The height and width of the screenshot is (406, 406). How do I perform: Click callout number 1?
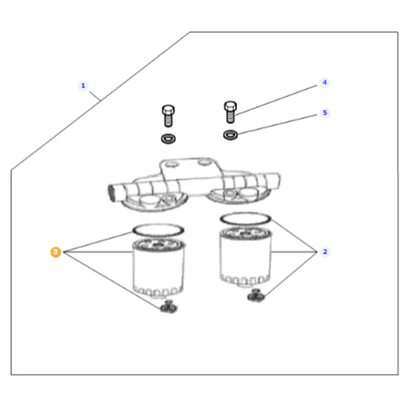tap(83, 86)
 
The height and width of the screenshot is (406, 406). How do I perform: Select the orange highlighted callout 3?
tap(56, 252)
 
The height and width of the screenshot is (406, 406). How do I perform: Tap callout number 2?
tap(325, 252)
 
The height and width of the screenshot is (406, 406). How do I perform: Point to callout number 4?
tap(324, 82)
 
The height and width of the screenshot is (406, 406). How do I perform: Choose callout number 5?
tap(325, 113)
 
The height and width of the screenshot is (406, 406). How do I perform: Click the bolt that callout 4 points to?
tap(230, 112)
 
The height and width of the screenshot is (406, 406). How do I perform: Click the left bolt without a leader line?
tap(168, 116)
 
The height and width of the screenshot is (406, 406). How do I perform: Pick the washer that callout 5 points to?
tap(230, 135)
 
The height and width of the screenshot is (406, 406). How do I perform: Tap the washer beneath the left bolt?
tap(168, 139)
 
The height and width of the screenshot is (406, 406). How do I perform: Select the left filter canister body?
tap(158, 268)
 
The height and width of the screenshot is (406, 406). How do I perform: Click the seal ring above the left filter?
tap(158, 225)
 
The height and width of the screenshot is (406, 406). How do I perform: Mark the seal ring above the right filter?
tap(245, 213)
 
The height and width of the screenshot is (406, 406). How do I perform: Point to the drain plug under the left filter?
tap(169, 307)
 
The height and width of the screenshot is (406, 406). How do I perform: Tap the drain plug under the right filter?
tap(256, 295)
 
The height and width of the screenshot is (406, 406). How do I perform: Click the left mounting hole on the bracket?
tap(172, 165)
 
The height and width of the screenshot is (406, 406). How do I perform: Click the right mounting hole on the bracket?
tap(204, 163)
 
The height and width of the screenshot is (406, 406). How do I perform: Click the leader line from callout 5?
tap(277, 124)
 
